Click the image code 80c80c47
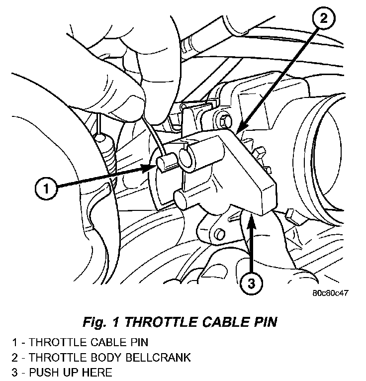coord(330,292)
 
